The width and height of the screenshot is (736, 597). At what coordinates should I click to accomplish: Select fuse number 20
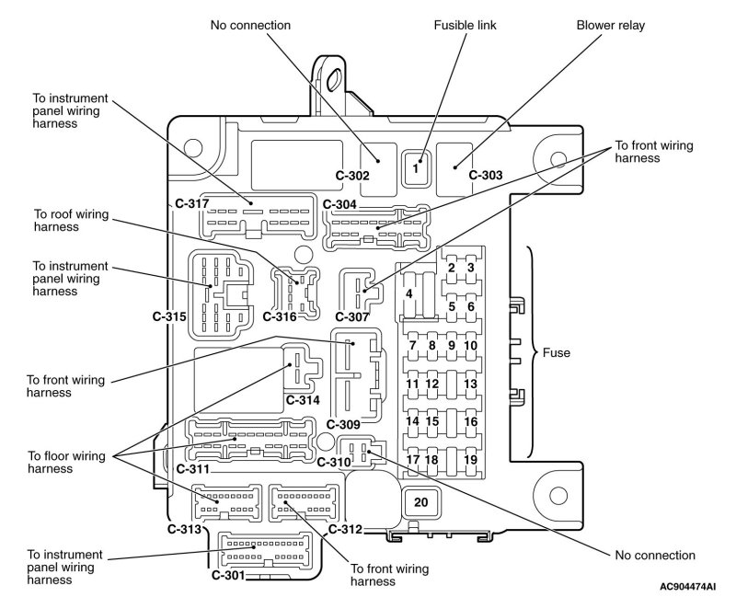[x=421, y=502]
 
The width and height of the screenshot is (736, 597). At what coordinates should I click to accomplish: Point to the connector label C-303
[x=486, y=175]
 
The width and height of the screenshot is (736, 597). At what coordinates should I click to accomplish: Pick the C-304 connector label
[x=340, y=203]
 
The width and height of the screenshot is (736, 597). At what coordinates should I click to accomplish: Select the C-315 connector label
[x=169, y=316]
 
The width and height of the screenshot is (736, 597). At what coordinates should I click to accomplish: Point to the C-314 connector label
[x=301, y=400]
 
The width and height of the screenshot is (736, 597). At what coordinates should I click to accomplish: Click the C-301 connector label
[x=228, y=575]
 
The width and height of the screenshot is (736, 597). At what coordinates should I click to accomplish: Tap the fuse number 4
[x=408, y=293]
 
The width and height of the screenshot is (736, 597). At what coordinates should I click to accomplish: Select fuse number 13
[x=470, y=384]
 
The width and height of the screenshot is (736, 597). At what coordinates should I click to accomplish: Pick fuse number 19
[x=470, y=458]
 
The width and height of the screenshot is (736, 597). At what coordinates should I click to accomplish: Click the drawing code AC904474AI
[x=686, y=585]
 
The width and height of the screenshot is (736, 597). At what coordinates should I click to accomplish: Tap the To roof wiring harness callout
[x=71, y=221]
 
